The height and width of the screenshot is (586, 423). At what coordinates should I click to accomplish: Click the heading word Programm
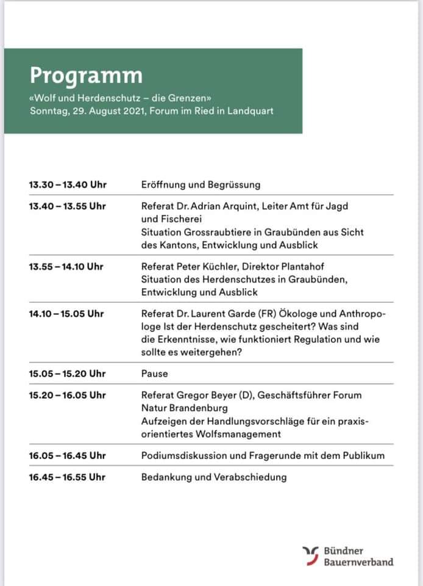pos(86,75)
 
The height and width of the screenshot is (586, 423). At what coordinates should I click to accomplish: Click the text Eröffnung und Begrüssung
pos(201,184)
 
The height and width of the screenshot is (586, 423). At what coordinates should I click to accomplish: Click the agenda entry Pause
pos(154,374)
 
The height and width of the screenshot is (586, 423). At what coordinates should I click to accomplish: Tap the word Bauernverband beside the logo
pos(358,562)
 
